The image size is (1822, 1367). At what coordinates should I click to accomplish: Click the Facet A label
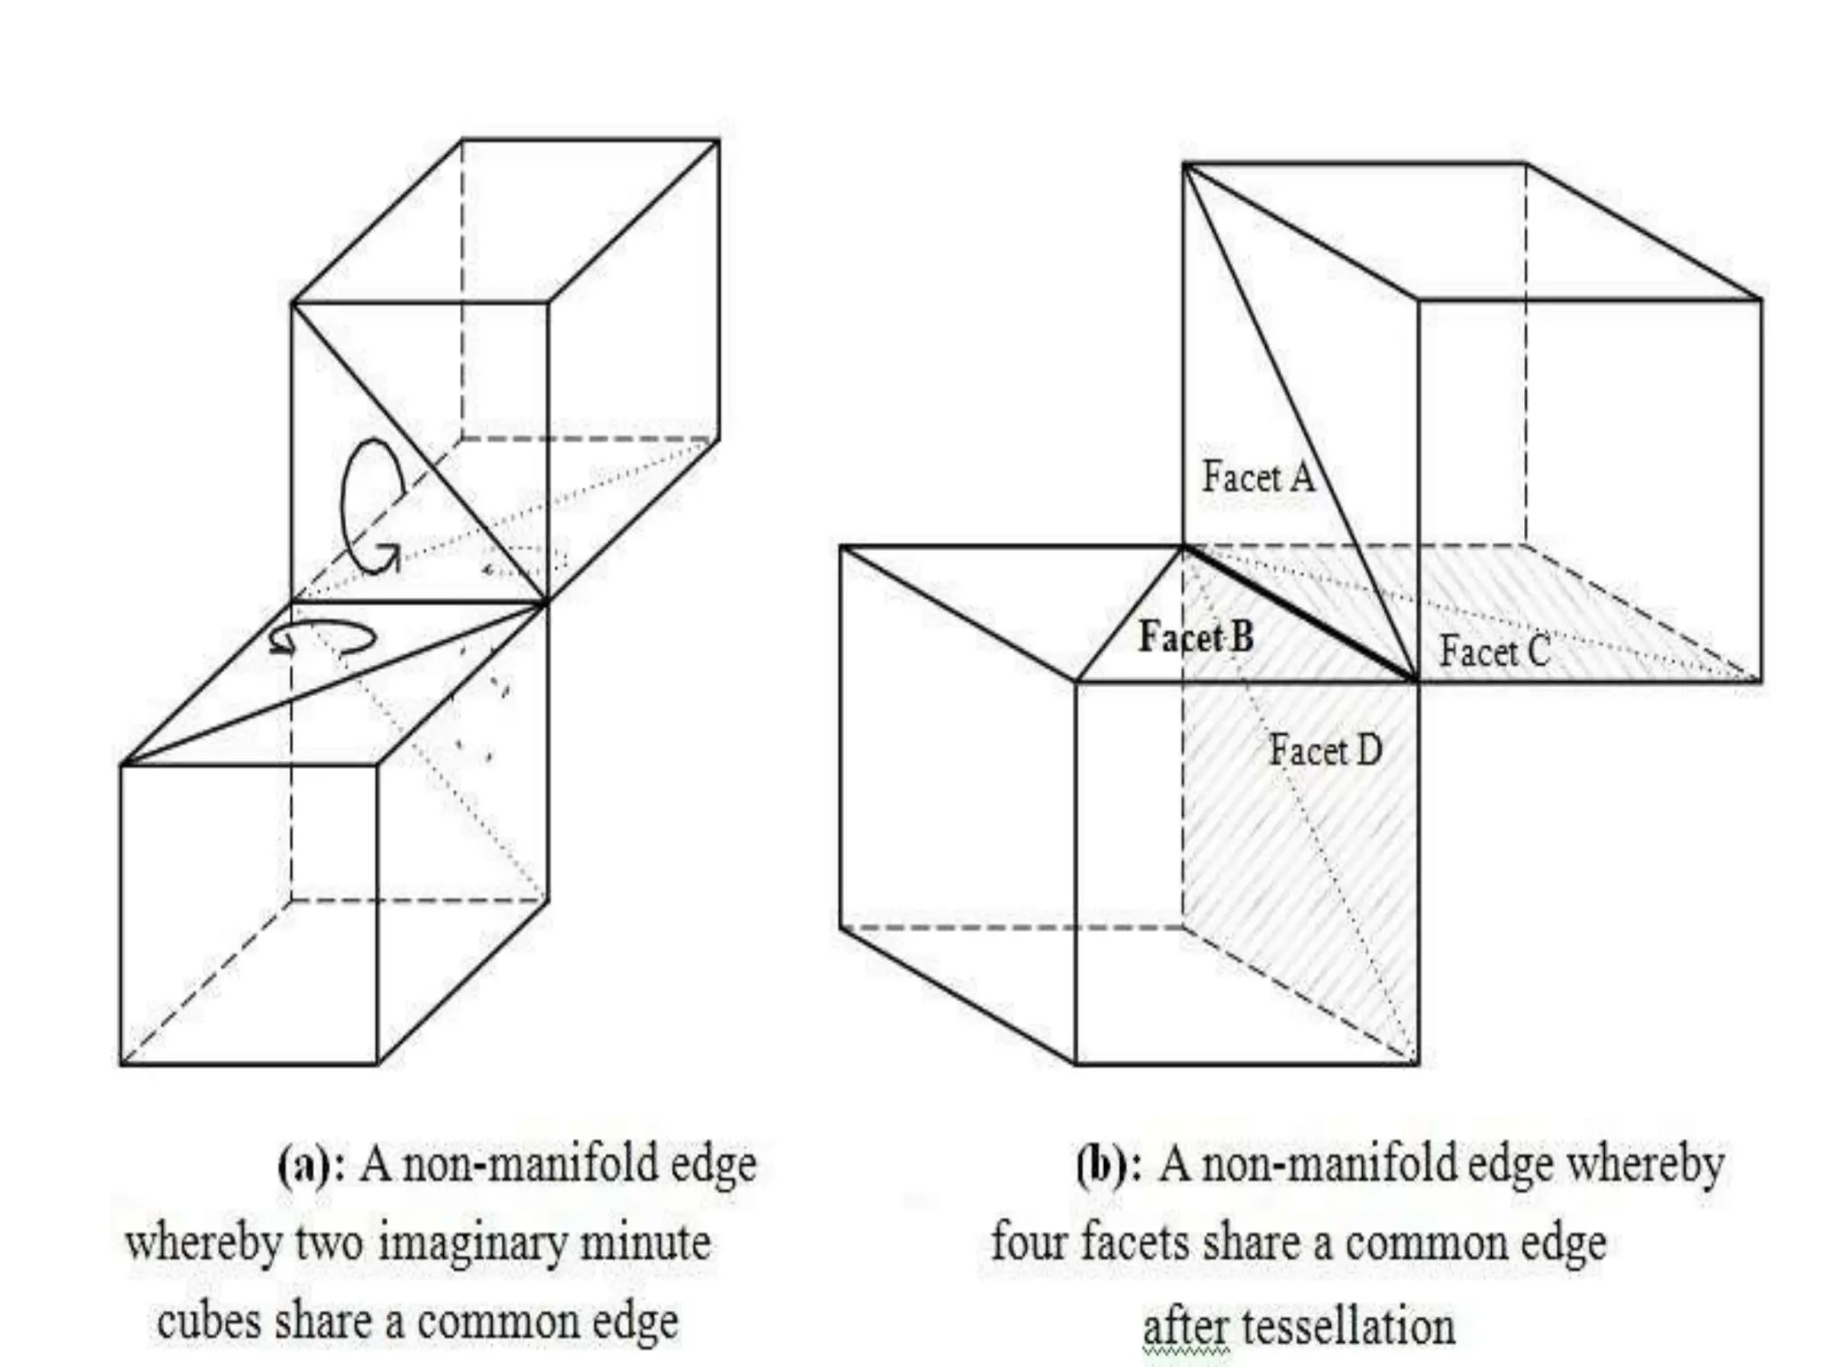pyautogui.click(x=1258, y=477)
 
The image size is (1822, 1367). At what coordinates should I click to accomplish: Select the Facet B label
pyautogui.click(x=1197, y=637)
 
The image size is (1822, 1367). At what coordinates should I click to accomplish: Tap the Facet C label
pyautogui.click(x=1495, y=651)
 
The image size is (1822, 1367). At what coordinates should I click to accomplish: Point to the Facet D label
pyautogui.click(x=1325, y=750)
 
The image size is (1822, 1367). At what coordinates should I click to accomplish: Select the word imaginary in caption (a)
pyautogui.click(x=471, y=1242)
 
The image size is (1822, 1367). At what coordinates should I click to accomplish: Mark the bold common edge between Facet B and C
pyautogui.click(x=1300, y=614)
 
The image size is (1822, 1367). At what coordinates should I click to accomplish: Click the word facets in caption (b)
pyautogui.click(x=1134, y=1242)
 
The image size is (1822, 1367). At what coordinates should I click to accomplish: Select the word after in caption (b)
pyautogui.click(x=1182, y=1326)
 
